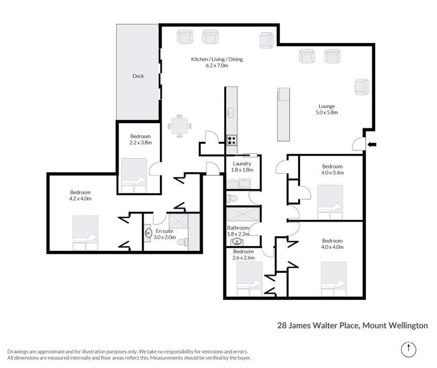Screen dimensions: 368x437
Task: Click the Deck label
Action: tap(138, 76)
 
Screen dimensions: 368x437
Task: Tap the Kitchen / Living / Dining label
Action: tap(217, 63)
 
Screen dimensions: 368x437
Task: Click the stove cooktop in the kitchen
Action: tap(231, 140)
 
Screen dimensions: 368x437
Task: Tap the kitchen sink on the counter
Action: tap(231, 112)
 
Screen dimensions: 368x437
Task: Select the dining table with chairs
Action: tap(180, 125)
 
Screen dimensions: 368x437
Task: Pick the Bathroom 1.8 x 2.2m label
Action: tap(238, 231)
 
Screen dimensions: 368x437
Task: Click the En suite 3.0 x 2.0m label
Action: tap(165, 234)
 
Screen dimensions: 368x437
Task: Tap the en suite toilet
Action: tap(182, 242)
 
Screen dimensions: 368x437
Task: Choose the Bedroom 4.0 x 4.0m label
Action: tap(332, 244)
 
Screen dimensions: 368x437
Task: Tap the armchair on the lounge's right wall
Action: tap(361, 87)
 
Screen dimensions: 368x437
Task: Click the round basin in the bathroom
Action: tap(237, 241)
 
